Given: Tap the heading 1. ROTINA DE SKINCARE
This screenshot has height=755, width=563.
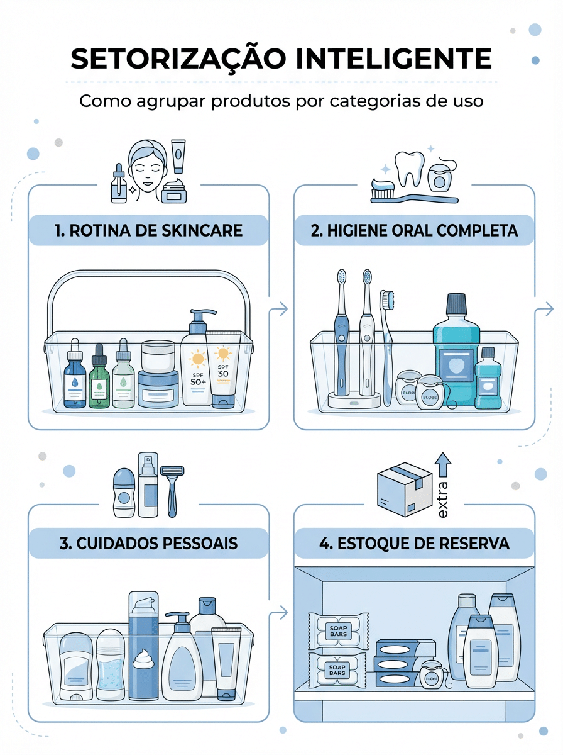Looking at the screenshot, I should point(148,230).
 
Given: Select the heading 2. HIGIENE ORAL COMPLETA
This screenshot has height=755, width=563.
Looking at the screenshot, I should point(414,230).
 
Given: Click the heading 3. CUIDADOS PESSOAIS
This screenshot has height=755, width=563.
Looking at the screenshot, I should point(148,543).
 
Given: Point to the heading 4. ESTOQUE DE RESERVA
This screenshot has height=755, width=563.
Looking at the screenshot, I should point(414,543).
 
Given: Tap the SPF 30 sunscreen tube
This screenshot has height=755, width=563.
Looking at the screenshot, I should point(223,371).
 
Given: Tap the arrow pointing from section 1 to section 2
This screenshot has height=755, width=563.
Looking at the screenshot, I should point(280,309).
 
